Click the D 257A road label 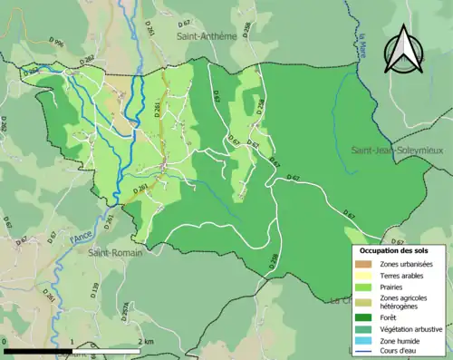(x=124, y=311)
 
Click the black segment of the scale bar (x=37, y=350)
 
